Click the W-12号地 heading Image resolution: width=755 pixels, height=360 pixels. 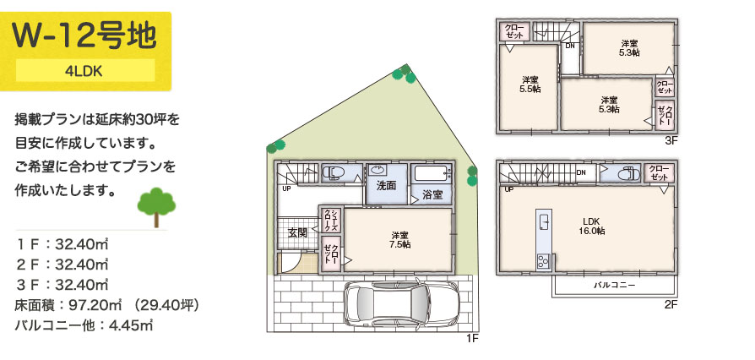[84, 35]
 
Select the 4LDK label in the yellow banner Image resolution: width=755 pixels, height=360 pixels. [85, 71]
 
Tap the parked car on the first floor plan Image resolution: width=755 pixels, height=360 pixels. [402, 303]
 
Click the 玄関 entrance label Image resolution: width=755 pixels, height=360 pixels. [297, 232]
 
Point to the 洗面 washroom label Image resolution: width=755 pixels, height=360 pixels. [386, 186]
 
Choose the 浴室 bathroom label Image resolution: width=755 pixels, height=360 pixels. [432, 194]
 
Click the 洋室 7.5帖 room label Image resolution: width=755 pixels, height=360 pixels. [400, 239]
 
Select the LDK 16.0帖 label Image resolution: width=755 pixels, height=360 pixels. [592, 226]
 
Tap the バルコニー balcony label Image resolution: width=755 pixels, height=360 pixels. [614, 285]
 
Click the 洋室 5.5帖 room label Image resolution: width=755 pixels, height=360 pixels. [530, 85]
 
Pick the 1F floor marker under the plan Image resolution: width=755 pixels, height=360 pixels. [472, 338]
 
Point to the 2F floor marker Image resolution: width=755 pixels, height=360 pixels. [671, 304]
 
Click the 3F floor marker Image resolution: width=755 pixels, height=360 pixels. [671, 141]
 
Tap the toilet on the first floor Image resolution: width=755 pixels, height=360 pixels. [332, 172]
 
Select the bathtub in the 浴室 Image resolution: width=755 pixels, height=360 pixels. [432, 173]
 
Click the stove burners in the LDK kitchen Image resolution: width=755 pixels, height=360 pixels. [544, 262]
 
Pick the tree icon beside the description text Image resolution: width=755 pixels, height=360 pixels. [156, 207]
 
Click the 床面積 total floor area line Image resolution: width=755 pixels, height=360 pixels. [107, 305]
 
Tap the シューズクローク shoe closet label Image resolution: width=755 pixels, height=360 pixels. [332, 220]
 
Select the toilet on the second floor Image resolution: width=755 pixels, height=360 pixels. [622, 173]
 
